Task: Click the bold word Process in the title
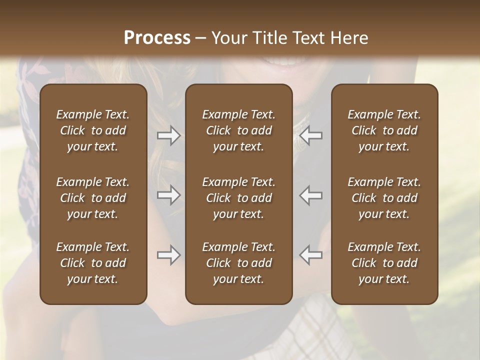pos(157,37)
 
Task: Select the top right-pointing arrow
pos(168,135)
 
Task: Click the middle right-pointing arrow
pos(168,195)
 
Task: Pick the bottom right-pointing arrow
pos(168,255)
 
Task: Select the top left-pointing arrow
pos(310,135)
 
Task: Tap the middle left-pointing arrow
pos(310,195)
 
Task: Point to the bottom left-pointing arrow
pos(310,255)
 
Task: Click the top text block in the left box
pos(93,130)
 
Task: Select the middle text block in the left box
pos(93,198)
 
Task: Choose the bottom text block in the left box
pos(93,263)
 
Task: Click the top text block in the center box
pos(238,130)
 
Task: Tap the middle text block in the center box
pos(238,198)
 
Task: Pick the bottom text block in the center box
pos(238,263)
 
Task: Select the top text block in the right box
pos(384,130)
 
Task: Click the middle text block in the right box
pos(384,198)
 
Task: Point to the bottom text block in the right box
pos(384,263)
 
